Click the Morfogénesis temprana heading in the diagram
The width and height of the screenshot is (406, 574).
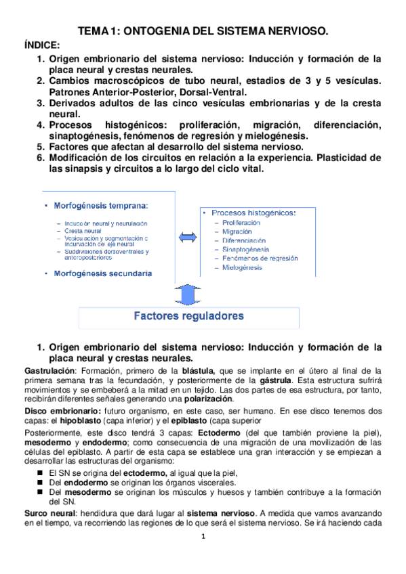[x=102, y=204]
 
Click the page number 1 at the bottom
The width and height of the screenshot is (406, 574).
[x=203, y=556]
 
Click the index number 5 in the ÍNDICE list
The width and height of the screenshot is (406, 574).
[x=41, y=146]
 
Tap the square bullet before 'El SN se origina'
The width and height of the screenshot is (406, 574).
[x=41, y=472]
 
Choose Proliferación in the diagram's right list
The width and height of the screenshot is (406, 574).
[x=241, y=222]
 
